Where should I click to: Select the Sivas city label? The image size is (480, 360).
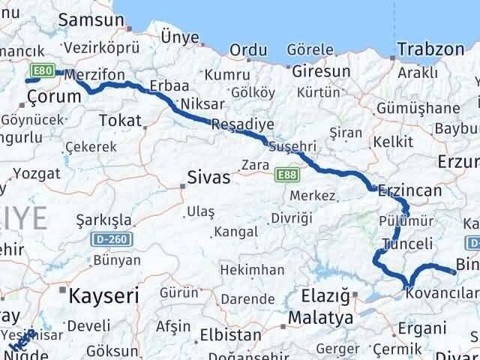[x=208, y=178]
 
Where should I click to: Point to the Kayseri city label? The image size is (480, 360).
[x=103, y=295]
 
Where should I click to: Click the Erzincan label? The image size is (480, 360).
[x=410, y=190]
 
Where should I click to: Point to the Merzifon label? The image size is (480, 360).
[x=93, y=75]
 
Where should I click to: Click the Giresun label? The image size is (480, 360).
[x=321, y=72]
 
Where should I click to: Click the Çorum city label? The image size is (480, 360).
[x=53, y=96]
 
